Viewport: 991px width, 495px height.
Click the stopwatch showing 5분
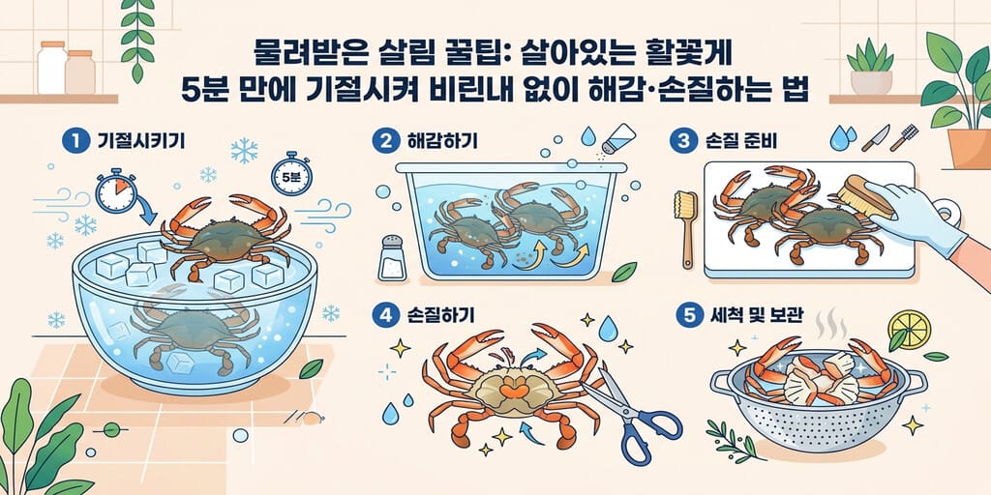click(290, 174)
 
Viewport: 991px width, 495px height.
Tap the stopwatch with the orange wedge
click(116, 190)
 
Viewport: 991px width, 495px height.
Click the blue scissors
click(632, 415)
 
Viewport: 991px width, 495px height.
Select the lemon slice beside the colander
click(909, 329)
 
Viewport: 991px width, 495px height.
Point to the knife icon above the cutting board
click(875, 137)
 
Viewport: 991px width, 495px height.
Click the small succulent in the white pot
click(870, 67)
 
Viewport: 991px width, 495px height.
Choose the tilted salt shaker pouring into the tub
click(618, 137)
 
